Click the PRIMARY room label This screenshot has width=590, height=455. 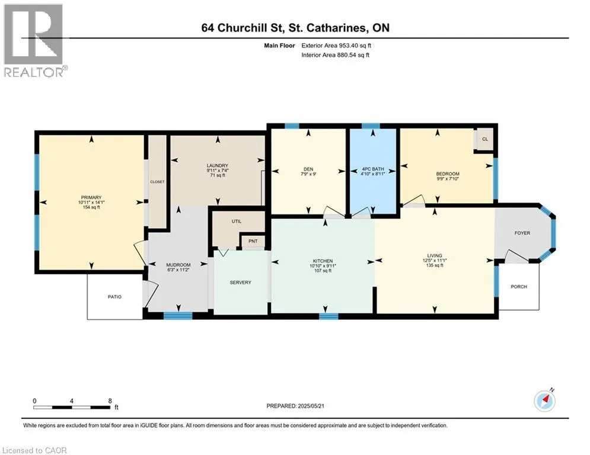point(92,197)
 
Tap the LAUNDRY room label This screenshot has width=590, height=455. point(218,165)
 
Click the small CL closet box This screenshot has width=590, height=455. point(484,139)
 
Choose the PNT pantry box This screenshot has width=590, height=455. point(252,241)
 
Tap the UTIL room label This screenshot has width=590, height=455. point(235,220)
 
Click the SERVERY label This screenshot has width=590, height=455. point(240,283)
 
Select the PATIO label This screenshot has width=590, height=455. point(114,297)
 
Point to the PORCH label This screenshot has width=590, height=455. point(519,287)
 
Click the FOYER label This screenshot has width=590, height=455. point(522,233)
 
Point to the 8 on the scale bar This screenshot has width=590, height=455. point(110,400)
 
